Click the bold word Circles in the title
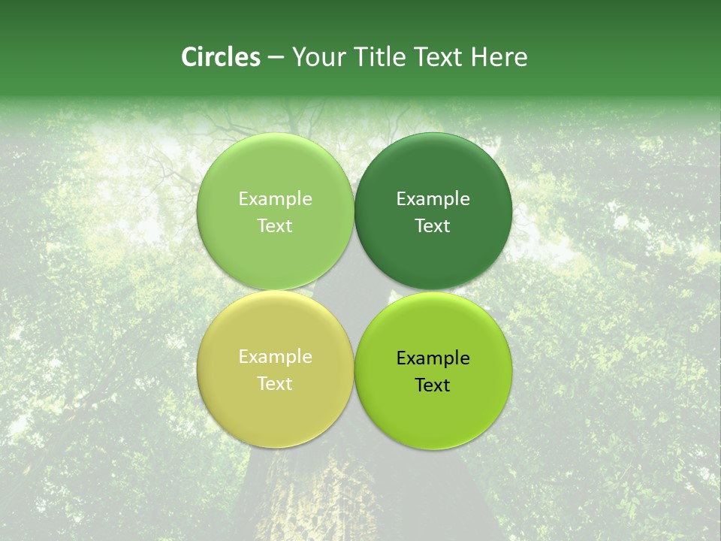click(220, 57)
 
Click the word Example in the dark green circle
click(433, 199)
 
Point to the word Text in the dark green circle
click(433, 226)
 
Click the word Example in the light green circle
click(275, 199)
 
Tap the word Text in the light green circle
click(275, 226)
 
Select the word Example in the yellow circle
click(275, 357)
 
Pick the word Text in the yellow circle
click(275, 384)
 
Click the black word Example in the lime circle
click(433, 358)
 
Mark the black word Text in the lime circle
click(433, 385)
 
